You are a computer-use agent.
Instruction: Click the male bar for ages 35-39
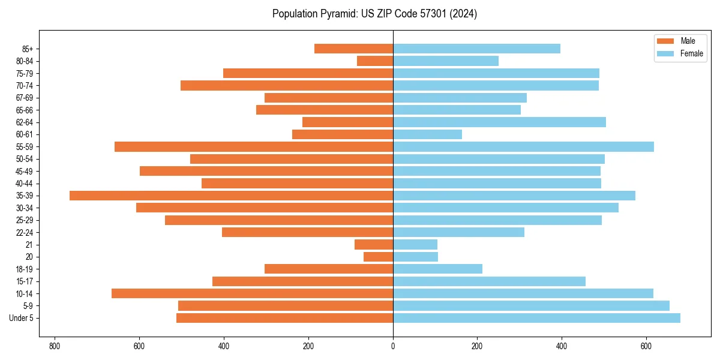(x=231, y=196)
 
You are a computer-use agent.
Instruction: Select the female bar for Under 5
(x=536, y=318)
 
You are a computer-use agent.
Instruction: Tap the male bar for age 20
(x=378, y=257)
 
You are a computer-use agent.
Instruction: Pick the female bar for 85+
(x=476, y=49)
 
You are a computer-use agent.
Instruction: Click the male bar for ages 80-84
(x=375, y=61)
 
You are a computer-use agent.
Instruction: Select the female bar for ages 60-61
(x=427, y=134)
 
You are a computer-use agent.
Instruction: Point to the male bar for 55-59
(x=254, y=147)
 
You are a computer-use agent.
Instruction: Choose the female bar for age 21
(x=415, y=244)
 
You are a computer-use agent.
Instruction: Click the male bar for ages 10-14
(x=252, y=293)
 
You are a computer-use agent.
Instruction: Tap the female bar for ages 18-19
(x=437, y=269)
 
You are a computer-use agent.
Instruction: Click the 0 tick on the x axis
(x=393, y=346)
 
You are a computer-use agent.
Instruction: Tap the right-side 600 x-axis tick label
(x=646, y=346)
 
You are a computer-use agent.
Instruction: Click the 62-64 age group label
(x=25, y=122)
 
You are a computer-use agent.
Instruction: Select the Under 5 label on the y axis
(x=22, y=318)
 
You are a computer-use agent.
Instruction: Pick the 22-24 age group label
(x=25, y=232)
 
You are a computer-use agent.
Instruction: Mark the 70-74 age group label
(x=25, y=86)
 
